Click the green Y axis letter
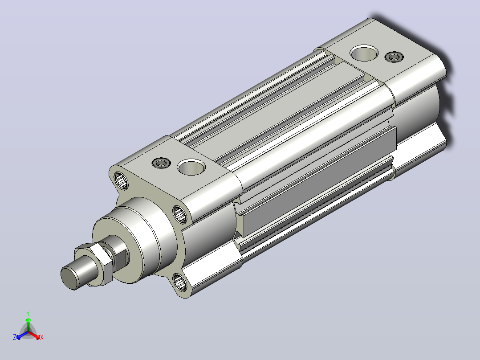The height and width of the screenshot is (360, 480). coord(28,313)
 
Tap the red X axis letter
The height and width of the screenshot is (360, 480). coord(42,337)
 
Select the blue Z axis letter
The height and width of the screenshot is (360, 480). coord(15,337)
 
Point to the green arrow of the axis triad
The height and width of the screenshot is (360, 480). coord(28,324)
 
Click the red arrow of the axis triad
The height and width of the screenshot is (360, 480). coord(34,335)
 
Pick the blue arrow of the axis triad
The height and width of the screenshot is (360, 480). coord(22,335)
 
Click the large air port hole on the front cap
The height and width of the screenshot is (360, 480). coord(191,167)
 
